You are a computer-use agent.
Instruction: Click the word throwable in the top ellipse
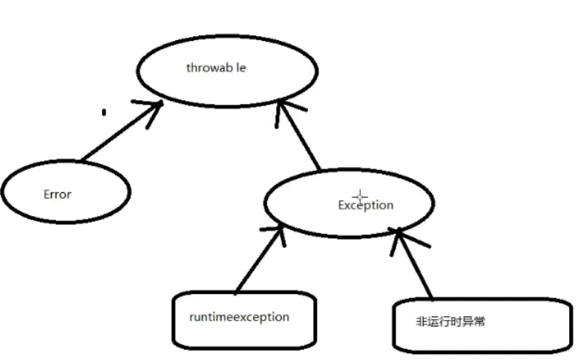tap(216, 68)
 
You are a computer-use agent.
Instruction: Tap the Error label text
tap(57, 194)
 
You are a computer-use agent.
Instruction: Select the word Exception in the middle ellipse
tap(365, 205)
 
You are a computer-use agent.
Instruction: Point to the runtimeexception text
tap(239, 317)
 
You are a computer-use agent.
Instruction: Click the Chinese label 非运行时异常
tap(450, 322)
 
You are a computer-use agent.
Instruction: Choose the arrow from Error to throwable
tap(119, 133)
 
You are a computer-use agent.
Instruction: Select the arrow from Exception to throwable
tap(301, 137)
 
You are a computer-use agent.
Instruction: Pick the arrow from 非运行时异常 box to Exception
tap(414, 264)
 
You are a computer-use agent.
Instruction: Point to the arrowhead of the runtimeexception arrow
tap(278, 232)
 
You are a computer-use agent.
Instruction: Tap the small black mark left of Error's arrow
tap(104, 113)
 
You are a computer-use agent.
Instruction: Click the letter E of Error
tap(46, 194)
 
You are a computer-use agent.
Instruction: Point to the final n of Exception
tap(390, 205)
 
